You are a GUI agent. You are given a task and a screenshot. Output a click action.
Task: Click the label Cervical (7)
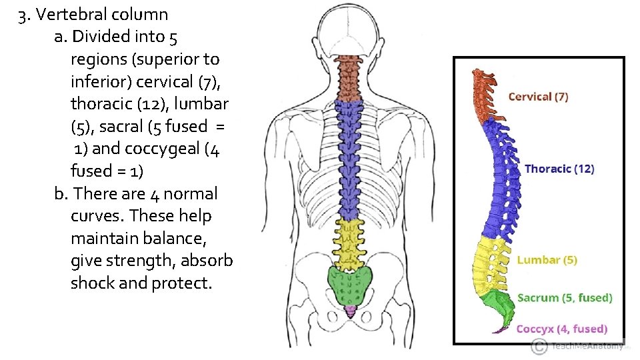tap(538, 97)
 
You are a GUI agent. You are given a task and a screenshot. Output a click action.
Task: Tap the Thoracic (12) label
tap(559, 169)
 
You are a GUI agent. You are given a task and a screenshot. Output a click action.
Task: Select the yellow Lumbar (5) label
tap(547, 260)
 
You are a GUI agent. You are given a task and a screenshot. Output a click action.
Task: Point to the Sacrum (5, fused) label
tap(565, 298)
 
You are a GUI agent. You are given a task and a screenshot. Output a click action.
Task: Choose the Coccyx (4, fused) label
tap(561, 329)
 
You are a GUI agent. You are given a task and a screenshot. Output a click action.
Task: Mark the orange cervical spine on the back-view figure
tap(347, 77)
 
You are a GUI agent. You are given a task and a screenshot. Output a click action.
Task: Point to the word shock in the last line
tap(92, 283)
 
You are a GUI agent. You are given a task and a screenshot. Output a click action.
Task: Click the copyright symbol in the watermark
tap(539, 346)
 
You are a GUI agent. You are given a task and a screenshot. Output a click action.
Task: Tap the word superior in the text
tap(161, 59)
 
